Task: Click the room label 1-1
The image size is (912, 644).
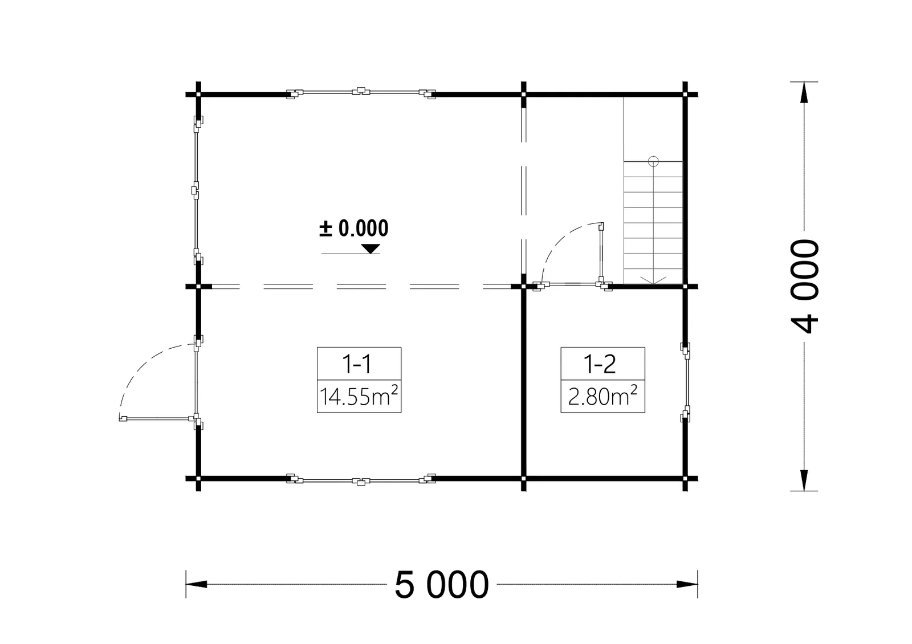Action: [x=357, y=364]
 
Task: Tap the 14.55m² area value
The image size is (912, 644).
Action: [x=359, y=396]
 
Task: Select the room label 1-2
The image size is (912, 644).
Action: [x=600, y=364]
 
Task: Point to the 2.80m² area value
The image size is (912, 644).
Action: [x=602, y=396]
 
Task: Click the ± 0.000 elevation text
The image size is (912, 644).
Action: [x=354, y=229]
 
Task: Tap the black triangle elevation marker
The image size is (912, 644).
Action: [x=370, y=248]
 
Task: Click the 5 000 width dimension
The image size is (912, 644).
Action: [x=442, y=585]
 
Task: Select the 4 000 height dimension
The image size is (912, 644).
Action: [x=804, y=286]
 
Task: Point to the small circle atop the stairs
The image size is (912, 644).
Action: [x=653, y=162]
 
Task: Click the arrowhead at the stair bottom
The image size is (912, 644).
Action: [x=653, y=280]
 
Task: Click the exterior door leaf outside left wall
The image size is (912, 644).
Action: [x=157, y=418]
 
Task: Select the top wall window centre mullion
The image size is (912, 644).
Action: [x=361, y=91]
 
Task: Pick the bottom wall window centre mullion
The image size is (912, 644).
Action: [x=361, y=482]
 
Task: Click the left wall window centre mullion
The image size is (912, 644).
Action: [x=196, y=190]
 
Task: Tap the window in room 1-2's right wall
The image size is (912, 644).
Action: [x=686, y=382]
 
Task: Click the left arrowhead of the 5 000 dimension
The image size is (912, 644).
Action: [x=197, y=585]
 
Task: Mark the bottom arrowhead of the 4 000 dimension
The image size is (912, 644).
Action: [x=804, y=480]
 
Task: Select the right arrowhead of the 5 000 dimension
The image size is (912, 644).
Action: [x=687, y=585]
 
